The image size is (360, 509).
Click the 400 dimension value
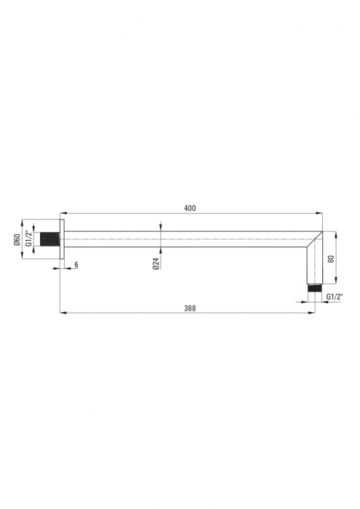coord(190,208)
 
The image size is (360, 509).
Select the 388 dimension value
coord(190,308)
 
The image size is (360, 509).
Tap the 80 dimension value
coord(331,259)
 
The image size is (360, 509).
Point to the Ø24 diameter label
coord(156,263)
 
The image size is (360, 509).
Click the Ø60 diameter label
coord(17,239)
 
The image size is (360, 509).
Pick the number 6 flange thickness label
coord(76,265)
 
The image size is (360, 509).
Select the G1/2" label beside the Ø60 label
coord(29,239)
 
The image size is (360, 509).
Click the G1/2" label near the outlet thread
coord(335,297)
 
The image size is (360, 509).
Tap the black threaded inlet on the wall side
coord(49,239)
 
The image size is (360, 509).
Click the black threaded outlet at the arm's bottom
coord(315,288)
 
